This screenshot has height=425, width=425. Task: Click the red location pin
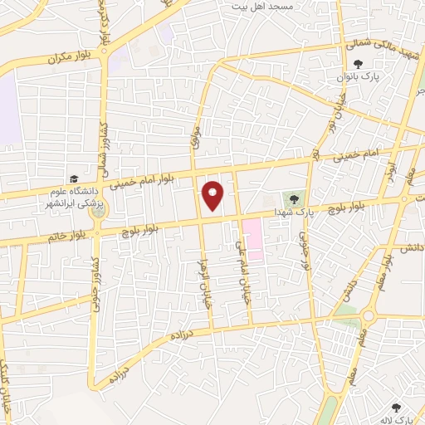213,195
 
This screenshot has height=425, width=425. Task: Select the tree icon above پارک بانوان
358,64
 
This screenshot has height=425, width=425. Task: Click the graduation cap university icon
74,179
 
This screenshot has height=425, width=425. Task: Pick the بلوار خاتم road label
66,237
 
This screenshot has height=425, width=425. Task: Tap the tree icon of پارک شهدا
293,198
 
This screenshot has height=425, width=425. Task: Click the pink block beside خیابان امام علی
252,239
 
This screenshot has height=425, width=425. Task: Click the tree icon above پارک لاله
396,407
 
